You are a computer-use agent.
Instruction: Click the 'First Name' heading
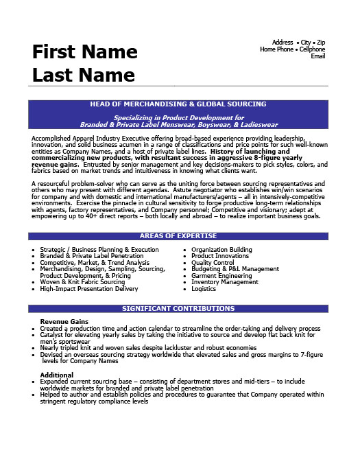[84, 52]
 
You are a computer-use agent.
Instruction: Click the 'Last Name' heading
[83, 74]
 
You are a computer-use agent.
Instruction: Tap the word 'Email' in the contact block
[317, 56]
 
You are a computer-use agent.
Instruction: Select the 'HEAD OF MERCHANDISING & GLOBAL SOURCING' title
[178, 104]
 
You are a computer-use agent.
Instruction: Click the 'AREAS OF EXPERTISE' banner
[178, 236]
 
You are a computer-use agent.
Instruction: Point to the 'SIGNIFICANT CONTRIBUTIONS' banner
[178, 309]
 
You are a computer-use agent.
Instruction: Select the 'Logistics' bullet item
[203, 289]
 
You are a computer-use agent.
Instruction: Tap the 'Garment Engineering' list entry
[220, 276]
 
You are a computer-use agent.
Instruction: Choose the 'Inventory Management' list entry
[224, 282]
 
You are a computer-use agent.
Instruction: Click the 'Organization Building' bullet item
[221, 250]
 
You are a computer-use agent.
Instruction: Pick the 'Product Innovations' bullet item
[219, 256]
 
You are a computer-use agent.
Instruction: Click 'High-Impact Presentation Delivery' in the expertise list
[89, 289]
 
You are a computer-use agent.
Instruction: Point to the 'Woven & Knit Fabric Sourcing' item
[82, 282]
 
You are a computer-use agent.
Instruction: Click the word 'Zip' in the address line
[321, 43]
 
